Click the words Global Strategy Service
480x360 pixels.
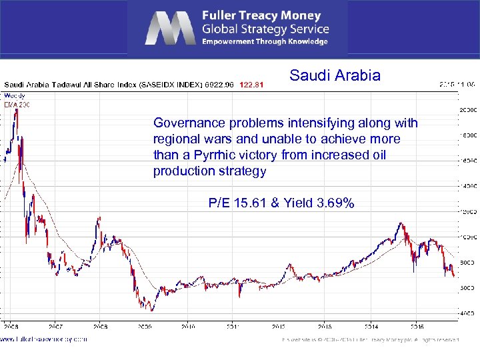[265, 29]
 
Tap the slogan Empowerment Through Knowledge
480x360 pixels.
[265, 41]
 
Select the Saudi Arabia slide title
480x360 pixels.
[335, 75]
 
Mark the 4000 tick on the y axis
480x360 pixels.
[467, 313]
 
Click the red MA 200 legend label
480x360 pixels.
[13, 105]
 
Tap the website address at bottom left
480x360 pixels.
[43, 339]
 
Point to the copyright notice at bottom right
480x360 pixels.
[371, 339]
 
